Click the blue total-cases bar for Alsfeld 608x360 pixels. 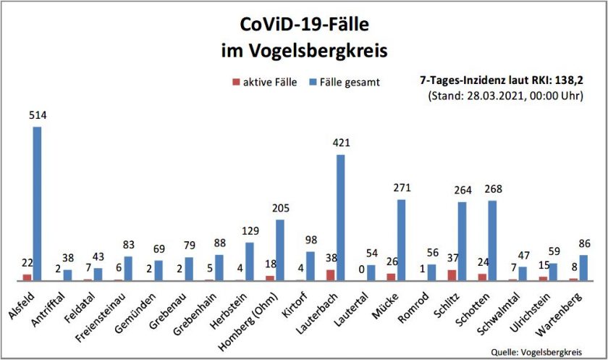[x=37, y=204]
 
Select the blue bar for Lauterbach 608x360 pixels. [x=340, y=217]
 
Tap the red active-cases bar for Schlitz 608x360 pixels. [x=452, y=275]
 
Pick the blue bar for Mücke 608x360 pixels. [x=401, y=240]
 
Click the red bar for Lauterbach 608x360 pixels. [x=330, y=275]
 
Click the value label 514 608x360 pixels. [x=36, y=117]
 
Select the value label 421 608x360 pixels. [x=340, y=144]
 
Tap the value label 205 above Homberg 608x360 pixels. [x=279, y=209]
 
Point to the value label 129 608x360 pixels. [x=249, y=231]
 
